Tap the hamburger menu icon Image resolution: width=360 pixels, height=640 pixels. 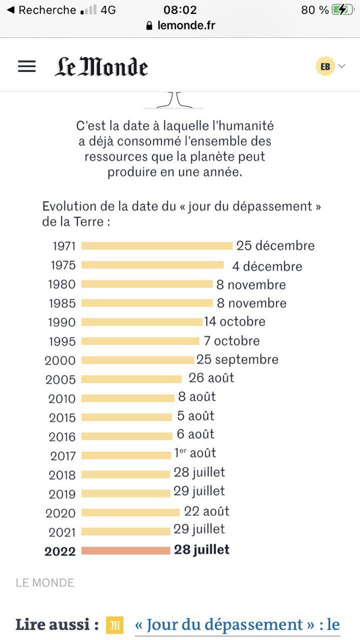tap(27, 66)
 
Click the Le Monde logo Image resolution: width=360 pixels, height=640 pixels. tap(101, 67)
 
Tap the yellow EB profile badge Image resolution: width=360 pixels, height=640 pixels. tap(325, 66)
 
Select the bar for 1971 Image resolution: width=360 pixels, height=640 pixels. tap(157, 246)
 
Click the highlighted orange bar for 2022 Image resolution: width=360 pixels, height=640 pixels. tap(126, 550)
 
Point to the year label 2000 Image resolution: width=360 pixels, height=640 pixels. tap(60, 361)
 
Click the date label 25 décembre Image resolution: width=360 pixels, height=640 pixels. tap(276, 246)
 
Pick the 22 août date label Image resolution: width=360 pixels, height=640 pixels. tap(207, 511)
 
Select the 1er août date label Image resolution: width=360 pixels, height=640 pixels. tap(195, 453)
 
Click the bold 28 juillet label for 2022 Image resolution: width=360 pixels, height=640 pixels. tap(202, 550)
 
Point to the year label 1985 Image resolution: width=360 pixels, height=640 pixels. tap(62, 303)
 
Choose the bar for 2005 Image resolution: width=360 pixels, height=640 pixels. tap(131, 379)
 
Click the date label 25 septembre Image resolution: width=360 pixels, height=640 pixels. tap(237, 359)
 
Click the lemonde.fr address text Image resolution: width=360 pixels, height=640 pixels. tap(186, 25)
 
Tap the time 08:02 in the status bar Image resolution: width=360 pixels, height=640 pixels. tap(180, 10)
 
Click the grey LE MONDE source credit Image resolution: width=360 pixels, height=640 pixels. tap(45, 583)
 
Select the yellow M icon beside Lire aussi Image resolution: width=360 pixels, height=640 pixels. tap(114, 625)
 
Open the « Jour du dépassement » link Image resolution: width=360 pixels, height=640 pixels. tap(237, 625)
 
